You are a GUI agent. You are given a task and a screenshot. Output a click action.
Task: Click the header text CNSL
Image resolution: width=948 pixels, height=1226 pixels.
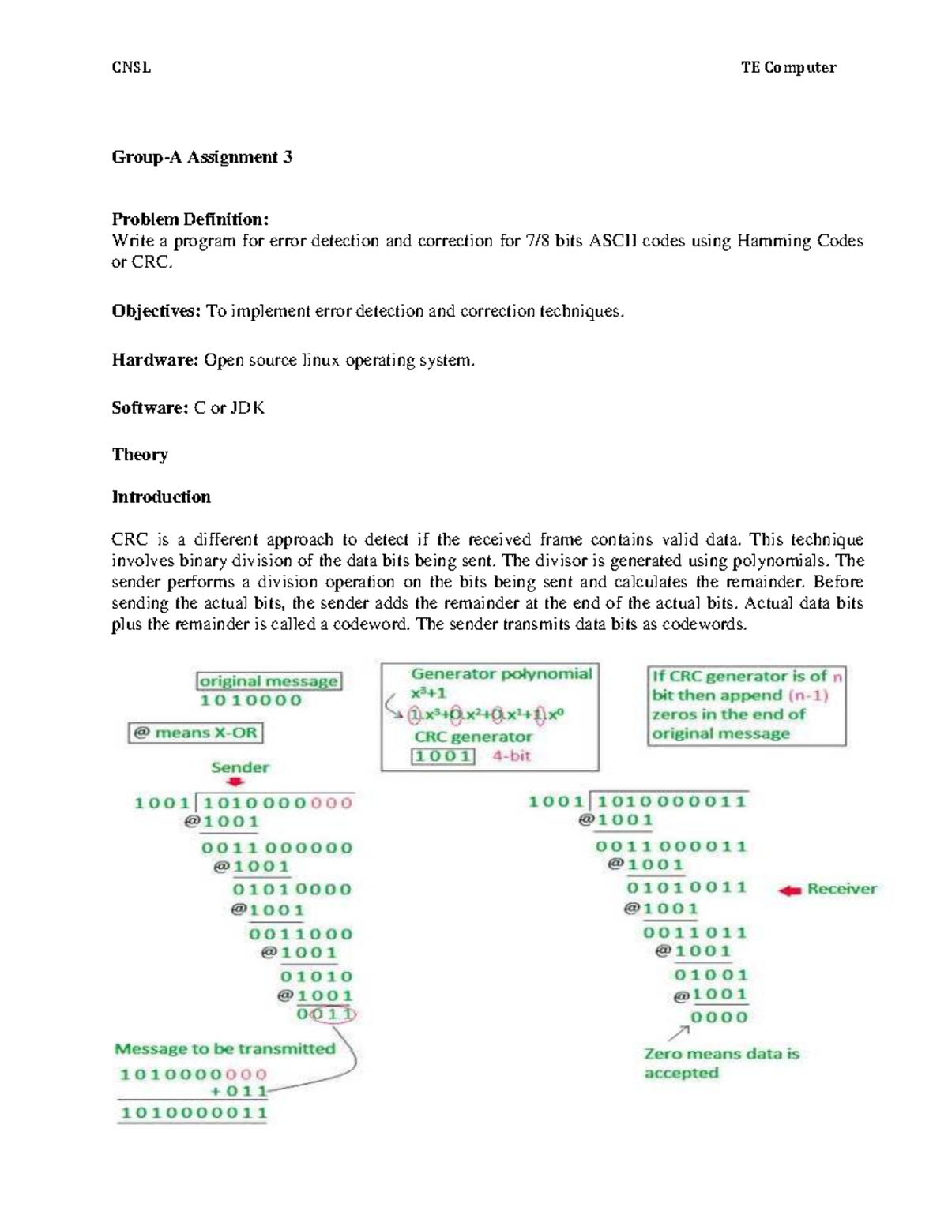pos(131,67)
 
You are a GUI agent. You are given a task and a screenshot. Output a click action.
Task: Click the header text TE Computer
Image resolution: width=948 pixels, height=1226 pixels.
pos(788,67)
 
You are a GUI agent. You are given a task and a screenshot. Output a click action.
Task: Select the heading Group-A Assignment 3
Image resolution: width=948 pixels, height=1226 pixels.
pos(201,157)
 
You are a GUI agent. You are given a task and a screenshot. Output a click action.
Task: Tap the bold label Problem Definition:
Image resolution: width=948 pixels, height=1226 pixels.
pos(190,219)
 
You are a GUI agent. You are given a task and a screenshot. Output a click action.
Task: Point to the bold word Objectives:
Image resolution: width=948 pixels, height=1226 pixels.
pos(156,311)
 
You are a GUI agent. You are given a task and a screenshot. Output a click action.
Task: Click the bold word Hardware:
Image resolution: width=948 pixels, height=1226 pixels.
pos(155,360)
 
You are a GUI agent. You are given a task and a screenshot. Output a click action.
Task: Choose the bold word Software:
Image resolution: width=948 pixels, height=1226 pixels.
pos(150,408)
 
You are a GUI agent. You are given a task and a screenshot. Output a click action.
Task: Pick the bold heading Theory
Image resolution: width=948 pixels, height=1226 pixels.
pos(140,455)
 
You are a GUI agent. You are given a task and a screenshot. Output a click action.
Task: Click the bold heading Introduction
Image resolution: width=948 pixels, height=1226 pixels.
pos(161,497)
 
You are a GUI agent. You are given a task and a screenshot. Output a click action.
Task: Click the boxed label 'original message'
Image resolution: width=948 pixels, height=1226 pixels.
pos(269,681)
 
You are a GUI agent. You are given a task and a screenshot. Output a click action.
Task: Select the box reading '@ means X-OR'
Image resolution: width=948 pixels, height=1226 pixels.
pos(195,733)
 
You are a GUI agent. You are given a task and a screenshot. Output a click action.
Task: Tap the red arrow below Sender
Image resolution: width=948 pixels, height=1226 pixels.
pos(235,782)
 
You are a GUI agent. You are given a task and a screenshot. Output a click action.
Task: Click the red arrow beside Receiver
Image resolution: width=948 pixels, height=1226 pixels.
pos(789,890)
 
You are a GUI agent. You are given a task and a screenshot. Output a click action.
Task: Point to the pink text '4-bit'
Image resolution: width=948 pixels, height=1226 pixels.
pos(511,755)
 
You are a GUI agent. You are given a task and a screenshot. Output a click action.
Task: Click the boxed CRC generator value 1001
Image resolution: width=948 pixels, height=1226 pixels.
pos(443,756)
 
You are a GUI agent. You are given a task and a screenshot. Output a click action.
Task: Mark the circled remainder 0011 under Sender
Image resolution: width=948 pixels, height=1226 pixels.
pos(326,1014)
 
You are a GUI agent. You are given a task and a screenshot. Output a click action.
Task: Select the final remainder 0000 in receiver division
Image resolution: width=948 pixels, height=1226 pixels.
pos(719,1018)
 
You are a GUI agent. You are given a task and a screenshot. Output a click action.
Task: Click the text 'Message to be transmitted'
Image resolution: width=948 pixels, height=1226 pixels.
pos(224,1049)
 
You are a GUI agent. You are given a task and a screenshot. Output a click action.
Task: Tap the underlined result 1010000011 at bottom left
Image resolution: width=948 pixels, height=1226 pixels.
pos(194,1113)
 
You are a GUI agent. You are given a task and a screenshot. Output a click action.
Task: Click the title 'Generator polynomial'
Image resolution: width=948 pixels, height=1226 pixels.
pos(501,674)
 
